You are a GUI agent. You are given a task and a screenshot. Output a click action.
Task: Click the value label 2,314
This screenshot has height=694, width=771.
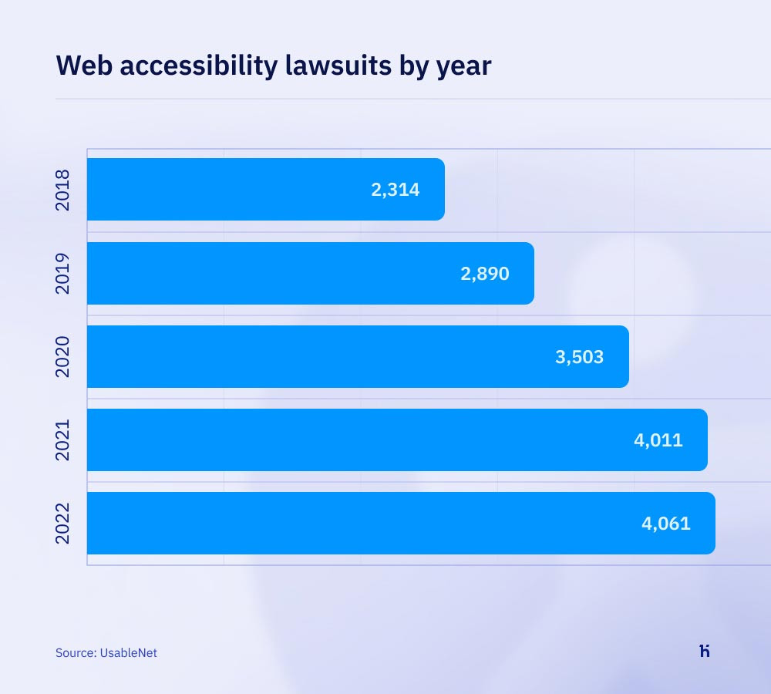click(x=396, y=190)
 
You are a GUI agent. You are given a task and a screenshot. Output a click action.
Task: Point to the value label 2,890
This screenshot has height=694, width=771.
click(x=485, y=274)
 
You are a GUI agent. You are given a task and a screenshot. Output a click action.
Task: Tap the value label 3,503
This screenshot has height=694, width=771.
click(x=579, y=357)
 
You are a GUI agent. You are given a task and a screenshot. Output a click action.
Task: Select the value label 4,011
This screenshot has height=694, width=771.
click(x=658, y=440)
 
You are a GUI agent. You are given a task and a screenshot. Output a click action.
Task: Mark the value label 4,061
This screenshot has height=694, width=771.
click(x=666, y=524)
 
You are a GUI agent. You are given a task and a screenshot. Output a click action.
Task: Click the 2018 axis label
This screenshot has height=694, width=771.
click(x=63, y=189)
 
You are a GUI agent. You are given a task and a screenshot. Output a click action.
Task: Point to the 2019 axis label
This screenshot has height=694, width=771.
click(x=63, y=273)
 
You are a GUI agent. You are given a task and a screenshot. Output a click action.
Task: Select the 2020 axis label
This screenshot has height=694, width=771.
click(x=63, y=356)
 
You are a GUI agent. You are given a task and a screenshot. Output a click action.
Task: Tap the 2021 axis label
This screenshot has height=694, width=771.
click(x=63, y=440)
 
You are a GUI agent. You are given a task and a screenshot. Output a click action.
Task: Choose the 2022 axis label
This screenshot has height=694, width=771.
click(x=63, y=523)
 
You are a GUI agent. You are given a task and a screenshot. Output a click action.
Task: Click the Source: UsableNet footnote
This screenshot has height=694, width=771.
click(x=106, y=652)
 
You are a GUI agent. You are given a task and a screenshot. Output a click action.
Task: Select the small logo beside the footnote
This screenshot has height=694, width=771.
click(x=705, y=651)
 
